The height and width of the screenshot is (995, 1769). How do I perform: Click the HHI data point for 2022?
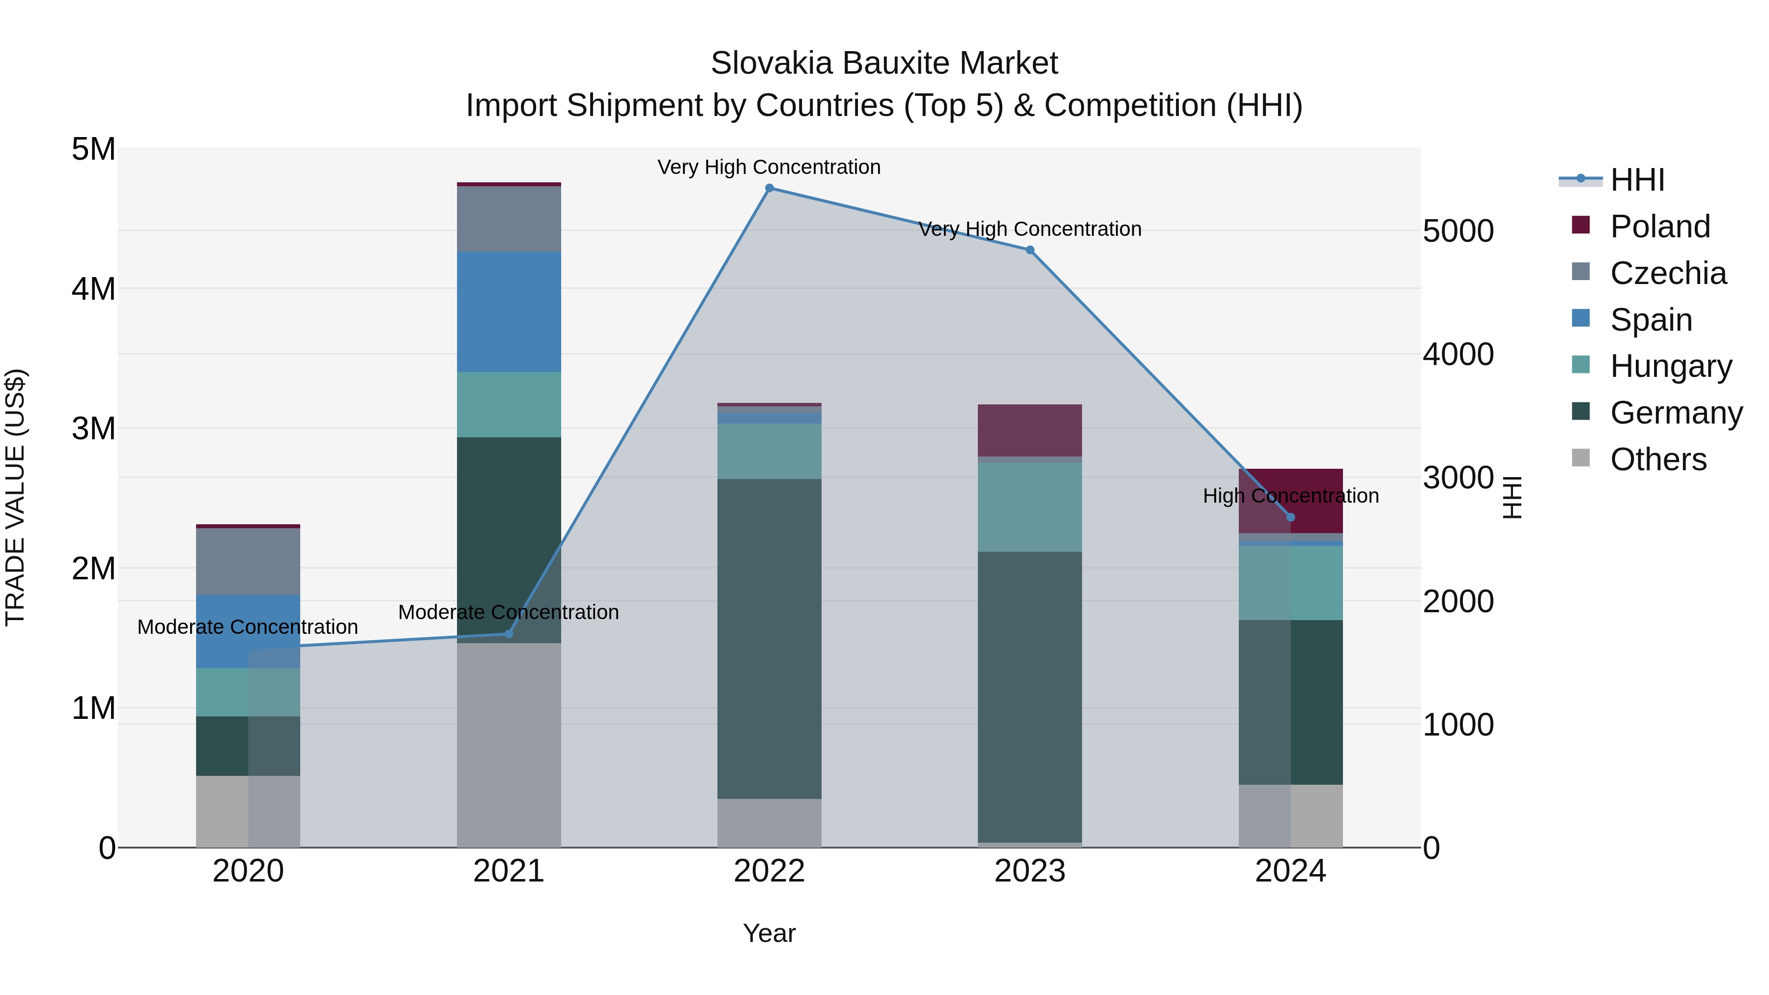pyautogui.click(x=769, y=188)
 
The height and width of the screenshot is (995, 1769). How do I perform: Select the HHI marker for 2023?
pyautogui.click(x=1030, y=250)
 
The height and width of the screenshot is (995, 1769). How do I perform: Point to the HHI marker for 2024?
pyautogui.click(x=1290, y=517)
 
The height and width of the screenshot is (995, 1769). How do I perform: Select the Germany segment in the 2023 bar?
pyautogui.click(x=1030, y=697)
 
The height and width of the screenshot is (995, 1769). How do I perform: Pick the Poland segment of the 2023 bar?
pyautogui.click(x=1030, y=430)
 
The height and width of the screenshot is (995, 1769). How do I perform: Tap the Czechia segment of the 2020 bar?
pyautogui.click(x=248, y=562)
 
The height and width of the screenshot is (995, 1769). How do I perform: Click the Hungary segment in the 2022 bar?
pyautogui.click(x=769, y=451)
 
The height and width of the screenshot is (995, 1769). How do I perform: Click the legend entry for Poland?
pyautogui.click(x=1659, y=227)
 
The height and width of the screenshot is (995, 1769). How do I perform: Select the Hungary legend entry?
pyautogui.click(x=1670, y=366)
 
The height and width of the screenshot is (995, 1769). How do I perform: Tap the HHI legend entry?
pyautogui.click(x=1637, y=180)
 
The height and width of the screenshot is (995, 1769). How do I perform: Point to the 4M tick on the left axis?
pyautogui.click(x=93, y=289)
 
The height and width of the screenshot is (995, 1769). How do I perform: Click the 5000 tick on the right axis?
pyautogui.click(x=1458, y=231)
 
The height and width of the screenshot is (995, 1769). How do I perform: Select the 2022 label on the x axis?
pyautogui.click(x=769, y=871)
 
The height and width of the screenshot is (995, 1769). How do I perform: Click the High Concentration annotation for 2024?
pyautogui.click(x=1290, y=496)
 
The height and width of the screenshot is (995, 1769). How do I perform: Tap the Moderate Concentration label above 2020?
pyautogui.click(x=248, y=627)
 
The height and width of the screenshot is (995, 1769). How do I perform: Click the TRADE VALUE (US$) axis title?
pyautogui.click(x=15, y=497)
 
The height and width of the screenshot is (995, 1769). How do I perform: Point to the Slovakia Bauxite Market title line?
pyautogui.click(x=884, y=63)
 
